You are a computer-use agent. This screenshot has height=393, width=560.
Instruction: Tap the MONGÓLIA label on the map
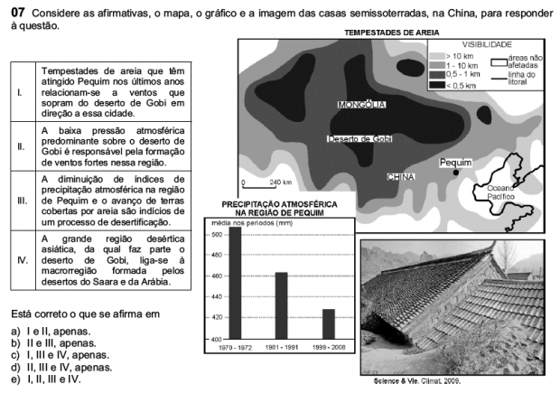(x=361, y=105)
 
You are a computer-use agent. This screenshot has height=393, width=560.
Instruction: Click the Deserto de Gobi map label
(x=359, y=139)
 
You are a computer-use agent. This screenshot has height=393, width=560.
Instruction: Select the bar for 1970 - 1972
(x=235, y=283)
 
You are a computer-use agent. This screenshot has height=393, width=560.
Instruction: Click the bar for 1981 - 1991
(x=281, y=305)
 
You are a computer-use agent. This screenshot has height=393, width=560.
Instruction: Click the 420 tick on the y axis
(x=215, y=318)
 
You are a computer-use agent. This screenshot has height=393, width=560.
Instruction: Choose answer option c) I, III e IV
(x=56, y=355)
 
